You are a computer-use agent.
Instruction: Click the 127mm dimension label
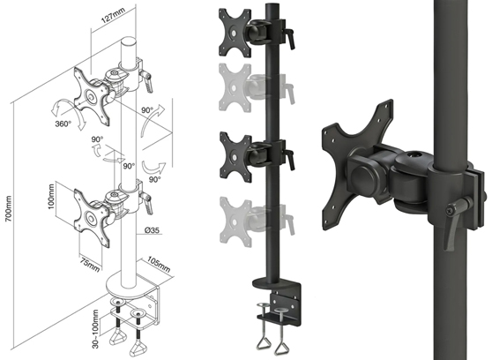point(113,15)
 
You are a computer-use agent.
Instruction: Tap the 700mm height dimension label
point(9,208)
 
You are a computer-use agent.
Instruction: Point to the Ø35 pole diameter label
point(152,230)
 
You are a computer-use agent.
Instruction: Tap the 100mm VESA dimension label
point(51,197)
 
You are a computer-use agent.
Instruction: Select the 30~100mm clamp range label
point(95,329)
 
